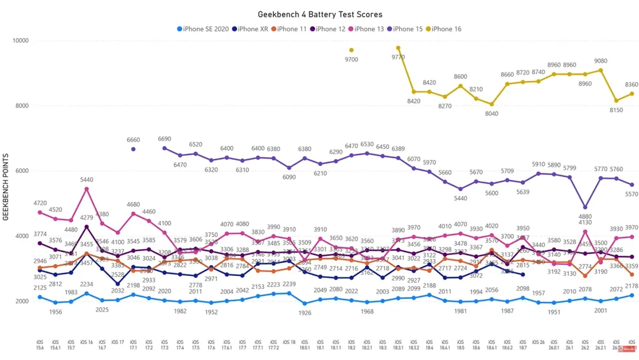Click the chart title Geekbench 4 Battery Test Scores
point(319,14)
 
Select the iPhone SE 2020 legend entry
point(203,28)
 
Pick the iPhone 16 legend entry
point(443,28)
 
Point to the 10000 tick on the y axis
point(21,41)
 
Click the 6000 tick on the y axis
point(23,171)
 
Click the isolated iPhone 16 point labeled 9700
point(351,50)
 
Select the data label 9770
point(398,57)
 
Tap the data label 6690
point(164,139)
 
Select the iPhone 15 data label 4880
point(585,217)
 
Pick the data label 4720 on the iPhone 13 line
point(40,203)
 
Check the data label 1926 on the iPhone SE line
point(305,313)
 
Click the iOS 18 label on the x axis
point(289,342)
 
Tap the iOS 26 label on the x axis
point(538,342)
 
